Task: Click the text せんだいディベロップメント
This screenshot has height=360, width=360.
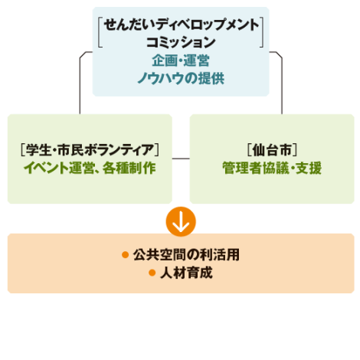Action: pos(182,25)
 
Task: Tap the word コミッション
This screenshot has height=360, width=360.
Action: pos(181,42)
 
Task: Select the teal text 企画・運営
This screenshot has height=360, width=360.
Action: pos(181,61)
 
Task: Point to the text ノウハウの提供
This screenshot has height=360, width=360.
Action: pos(181,78)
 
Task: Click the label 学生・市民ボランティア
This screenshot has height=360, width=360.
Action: pos(90,150)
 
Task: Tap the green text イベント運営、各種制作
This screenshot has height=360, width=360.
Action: pos(90,168)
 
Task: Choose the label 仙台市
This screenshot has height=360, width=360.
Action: pos(272,150)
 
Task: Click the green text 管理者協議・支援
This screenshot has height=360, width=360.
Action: pos(272,168)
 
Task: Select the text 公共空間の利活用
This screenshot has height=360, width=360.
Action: pos(186,255)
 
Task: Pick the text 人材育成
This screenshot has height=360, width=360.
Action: pos(186,273)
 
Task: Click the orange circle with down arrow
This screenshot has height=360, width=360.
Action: pos(181,221)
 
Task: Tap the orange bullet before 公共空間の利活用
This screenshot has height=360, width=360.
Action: pos(125,255)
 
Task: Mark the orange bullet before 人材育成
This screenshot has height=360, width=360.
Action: pos(152,273)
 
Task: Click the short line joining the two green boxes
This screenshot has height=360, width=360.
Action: pos(181,159)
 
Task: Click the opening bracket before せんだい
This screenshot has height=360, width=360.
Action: pos(100,32)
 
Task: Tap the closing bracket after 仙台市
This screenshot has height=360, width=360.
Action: pos(295,150)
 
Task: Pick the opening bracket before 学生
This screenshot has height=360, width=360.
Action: pos(23,150)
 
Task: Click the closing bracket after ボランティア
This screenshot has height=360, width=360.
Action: pos(157,150)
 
